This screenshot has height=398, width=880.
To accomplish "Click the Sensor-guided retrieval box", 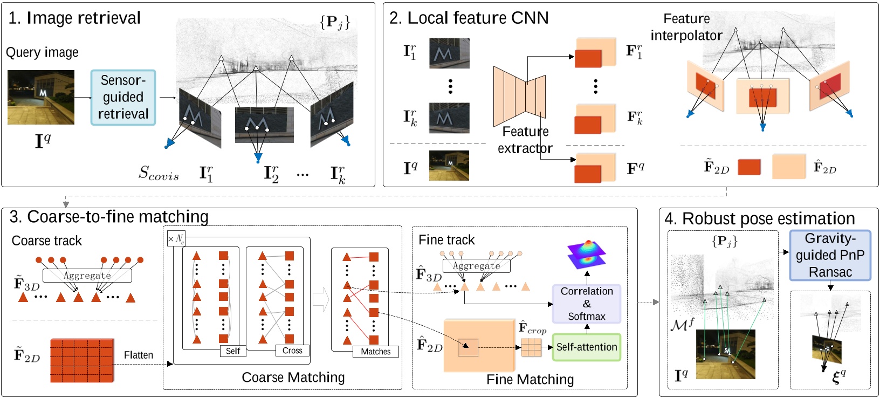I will (x=123, y=98).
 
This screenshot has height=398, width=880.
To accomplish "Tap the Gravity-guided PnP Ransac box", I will (x=830, y=255).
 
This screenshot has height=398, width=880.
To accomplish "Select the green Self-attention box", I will (x=586, y=347).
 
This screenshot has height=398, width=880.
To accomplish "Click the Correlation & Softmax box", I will (x=587, y=304).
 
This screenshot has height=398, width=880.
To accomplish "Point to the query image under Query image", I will (x=41, y=98).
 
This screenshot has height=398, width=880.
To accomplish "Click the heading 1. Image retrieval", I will (x=74, y=18).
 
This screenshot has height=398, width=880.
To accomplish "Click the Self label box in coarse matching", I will (x=233, y=351).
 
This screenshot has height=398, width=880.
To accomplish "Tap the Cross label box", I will (x=292, y=351).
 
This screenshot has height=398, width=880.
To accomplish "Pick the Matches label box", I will (x=376, y=352).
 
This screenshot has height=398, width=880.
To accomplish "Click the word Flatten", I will (x=139, y=355).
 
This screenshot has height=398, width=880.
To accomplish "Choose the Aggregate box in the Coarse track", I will (x=87, y=276).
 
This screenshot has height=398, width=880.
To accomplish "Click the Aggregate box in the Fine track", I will (x=476, y=266).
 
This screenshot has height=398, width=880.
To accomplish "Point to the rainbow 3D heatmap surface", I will (x=587, y=254).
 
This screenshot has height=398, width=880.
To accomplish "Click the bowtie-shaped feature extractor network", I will (x=519, y=96).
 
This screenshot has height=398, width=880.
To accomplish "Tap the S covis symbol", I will (x=159, y=173).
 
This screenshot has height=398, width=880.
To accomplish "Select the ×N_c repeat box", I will (x=176, y=238).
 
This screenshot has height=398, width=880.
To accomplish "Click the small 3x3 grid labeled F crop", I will (x=531, y=347).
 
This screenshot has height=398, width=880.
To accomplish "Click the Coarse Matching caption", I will (x=293, y=378).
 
